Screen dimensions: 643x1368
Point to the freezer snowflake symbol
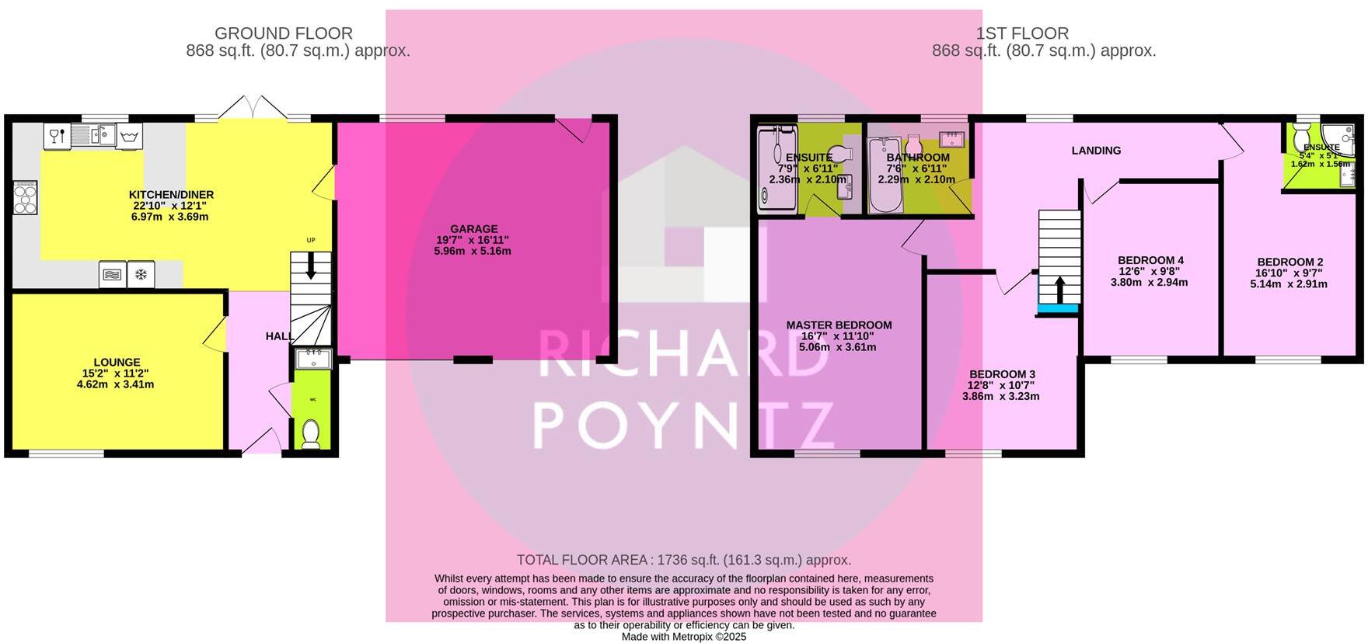point(141,274)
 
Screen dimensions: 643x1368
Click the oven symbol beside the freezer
point(113,274)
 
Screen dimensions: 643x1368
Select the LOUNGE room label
point(117,362)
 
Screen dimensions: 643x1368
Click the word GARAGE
point(474,229)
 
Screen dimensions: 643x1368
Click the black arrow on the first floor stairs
point(1059,290)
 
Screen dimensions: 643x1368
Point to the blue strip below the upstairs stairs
point(1059,309)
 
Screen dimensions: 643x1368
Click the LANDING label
point(1096,151)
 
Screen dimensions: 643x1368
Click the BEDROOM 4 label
point(1150,260)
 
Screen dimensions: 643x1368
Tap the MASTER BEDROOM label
point(839,325)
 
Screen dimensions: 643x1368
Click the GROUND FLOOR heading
point(283,33)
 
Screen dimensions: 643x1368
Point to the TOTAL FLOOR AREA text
point(683,560)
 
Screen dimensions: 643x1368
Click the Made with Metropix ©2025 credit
point(683,637)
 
